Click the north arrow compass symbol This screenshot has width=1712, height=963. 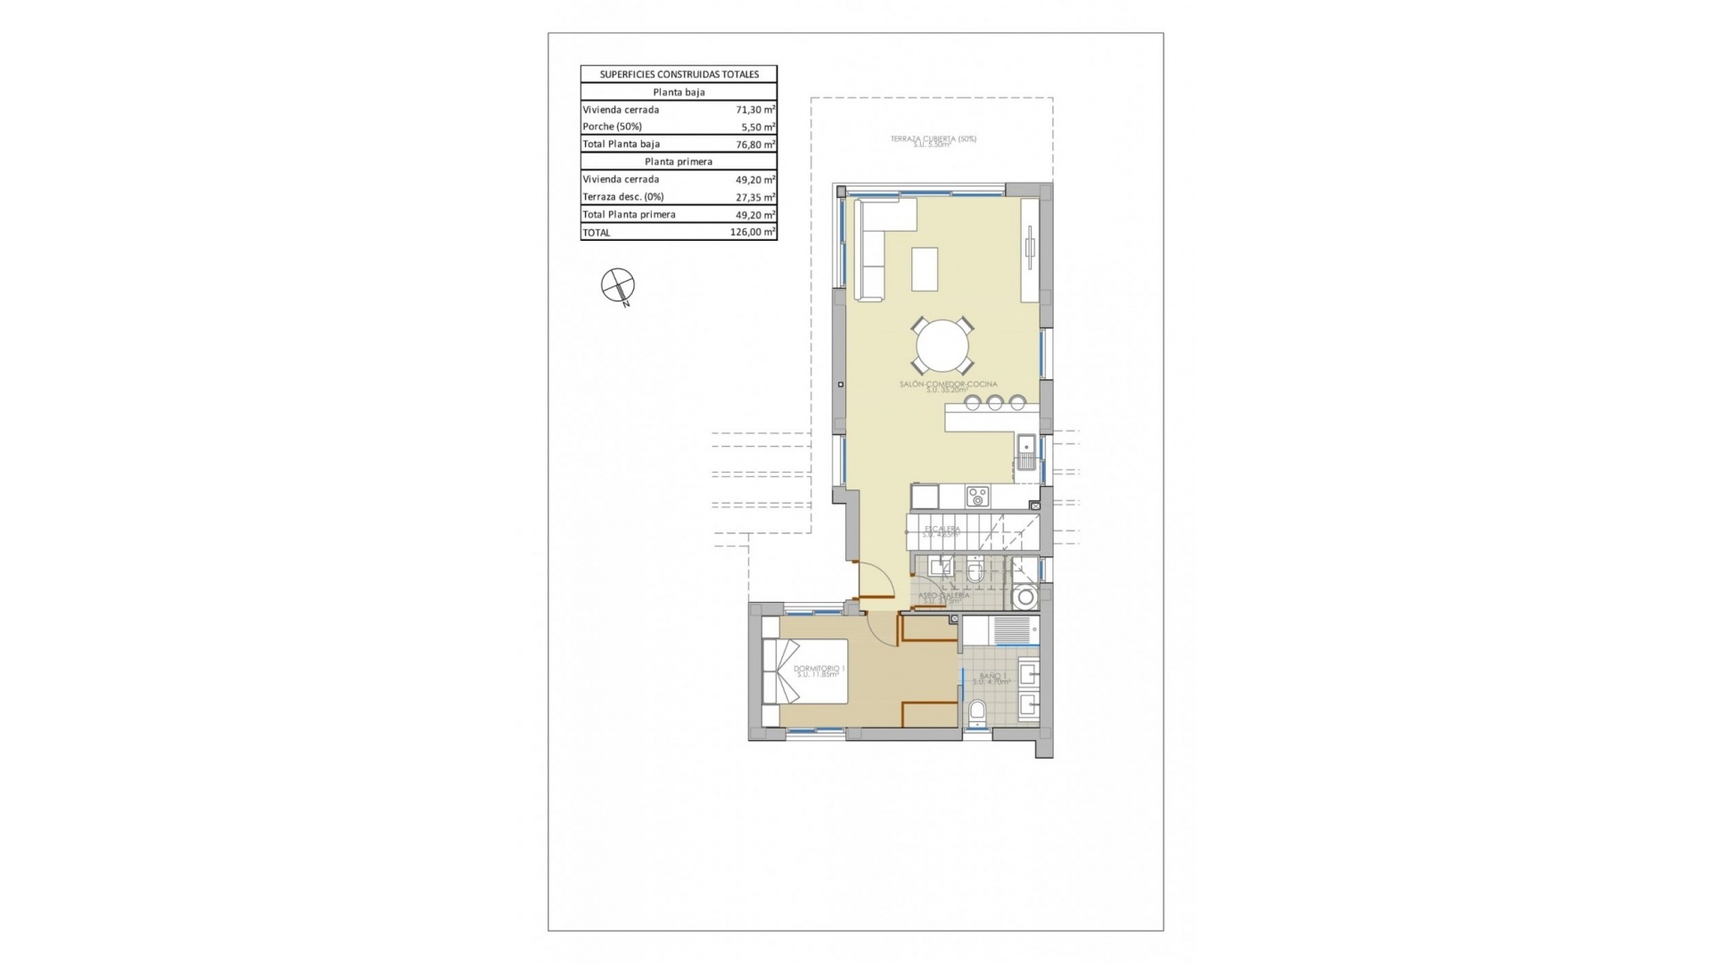tap(617, 285)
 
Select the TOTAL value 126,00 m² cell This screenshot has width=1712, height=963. tap(752, 232)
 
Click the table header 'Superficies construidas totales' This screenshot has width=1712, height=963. tap(679, 74)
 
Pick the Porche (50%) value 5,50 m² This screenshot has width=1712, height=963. tap(754, 127)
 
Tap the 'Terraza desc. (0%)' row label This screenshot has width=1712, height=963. tap(623, 196)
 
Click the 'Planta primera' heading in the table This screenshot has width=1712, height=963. tap(679, 161)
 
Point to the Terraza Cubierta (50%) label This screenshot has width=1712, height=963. tap(933, 140)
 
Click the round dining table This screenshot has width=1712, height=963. tap(942, 346)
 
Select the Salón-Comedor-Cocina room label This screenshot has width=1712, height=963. tap(948, 385)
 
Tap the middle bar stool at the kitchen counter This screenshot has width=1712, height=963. tap(995, 403)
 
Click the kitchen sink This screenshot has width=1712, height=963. tap(1026, 452)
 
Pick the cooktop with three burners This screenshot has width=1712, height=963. tap(977, 497)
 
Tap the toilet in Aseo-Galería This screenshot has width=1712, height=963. tap(975, 573)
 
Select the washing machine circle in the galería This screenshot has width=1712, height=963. tap(1025, 597)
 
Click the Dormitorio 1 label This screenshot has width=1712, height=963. tap(819, 670)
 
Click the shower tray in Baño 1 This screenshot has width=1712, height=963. tap(1000, 630)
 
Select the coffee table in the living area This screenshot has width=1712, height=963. tap(925, 268)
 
